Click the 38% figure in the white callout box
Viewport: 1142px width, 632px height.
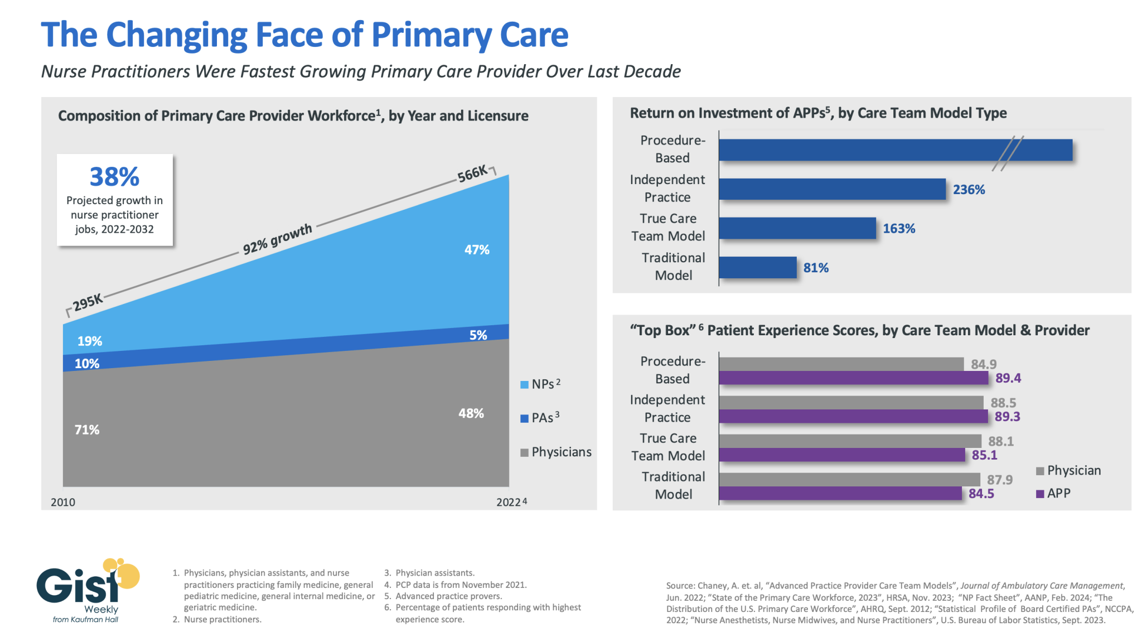pos(114,177)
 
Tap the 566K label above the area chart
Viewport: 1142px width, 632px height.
pos(472,173)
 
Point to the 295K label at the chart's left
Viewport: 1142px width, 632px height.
pos(88,302)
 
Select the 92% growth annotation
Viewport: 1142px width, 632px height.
pos(277,239)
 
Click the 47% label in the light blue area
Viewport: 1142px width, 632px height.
pos(477,250)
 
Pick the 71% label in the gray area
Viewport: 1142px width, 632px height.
pos(87,430)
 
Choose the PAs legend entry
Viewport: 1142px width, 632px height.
pos(540,418)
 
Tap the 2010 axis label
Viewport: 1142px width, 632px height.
pos(63,502)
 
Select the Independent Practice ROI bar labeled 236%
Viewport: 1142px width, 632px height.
pos(832,189)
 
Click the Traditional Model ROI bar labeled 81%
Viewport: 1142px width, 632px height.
pos(757,267)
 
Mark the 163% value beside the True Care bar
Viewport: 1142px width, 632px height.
pos(899,229)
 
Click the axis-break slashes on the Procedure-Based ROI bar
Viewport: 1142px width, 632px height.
pos(1008,153)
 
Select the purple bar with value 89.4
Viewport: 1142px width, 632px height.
pos(853,378)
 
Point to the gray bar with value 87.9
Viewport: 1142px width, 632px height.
pos(849,479)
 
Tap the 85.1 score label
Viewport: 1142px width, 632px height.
pos(984,455)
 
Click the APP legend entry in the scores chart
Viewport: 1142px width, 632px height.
pos(1053,494)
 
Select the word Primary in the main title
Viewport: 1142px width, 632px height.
pos(432,35)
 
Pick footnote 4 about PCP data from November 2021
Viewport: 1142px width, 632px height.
pos(455,585)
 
